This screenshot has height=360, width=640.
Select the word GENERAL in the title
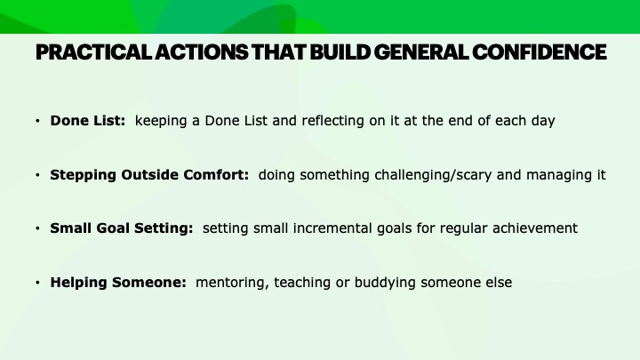click(x=421, y=52)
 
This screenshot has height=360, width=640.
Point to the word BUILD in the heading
click(x=340, y=52)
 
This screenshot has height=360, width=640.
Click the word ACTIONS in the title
click(x=201, y=52)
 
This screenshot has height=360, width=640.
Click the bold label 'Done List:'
click(x=88, y=121)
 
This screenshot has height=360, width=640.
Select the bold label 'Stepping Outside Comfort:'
click(x=149, y=175)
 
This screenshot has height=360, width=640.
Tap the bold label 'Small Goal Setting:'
click(x=122, y=228)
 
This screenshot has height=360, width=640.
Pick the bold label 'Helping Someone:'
click(x=118, y=282)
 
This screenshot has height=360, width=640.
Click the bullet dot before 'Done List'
click(x=37, y=121)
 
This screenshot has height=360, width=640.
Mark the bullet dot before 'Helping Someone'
click(x=37, y=282)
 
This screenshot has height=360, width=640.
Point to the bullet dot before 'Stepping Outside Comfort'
click(x=37, y=175)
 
